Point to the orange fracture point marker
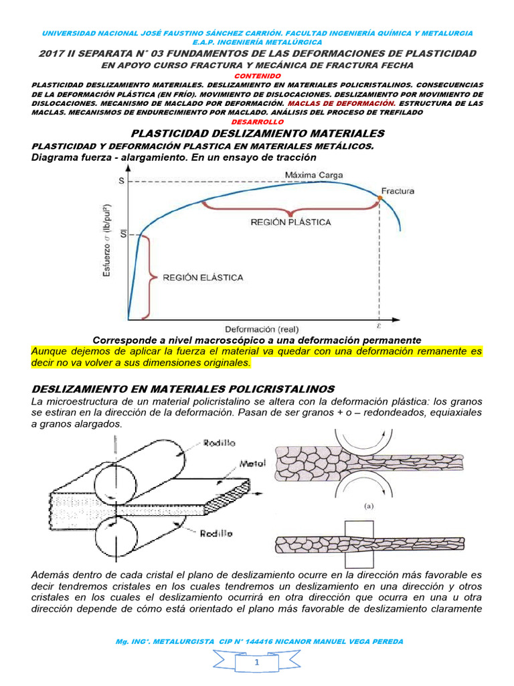[380, 198]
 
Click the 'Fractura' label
[398, 190]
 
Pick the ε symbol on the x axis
[379, 328]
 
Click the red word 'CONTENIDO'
[257, 76]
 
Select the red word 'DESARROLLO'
[257, 121]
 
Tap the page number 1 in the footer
[257, 662]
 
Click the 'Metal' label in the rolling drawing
[254, 463]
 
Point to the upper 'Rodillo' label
[219, 442]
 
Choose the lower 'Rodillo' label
[216, 533]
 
